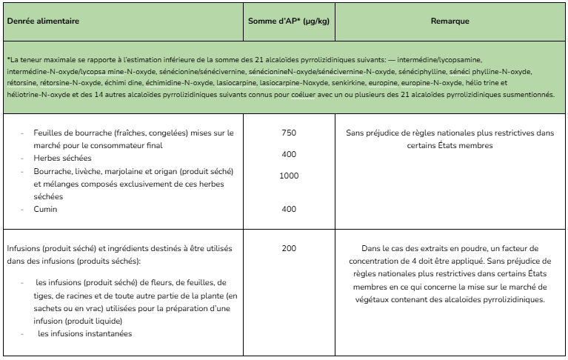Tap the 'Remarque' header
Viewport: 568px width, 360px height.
point(450,21)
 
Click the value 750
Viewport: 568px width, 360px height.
point(289,133)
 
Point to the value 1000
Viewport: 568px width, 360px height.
point(289,176)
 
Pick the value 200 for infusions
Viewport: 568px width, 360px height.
point(289,247)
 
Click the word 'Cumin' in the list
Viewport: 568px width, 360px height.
point(45,210)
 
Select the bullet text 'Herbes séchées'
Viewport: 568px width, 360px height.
point(62,159)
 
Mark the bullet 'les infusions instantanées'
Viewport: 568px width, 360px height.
point(84,333)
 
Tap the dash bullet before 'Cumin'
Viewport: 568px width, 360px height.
point(23,210)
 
